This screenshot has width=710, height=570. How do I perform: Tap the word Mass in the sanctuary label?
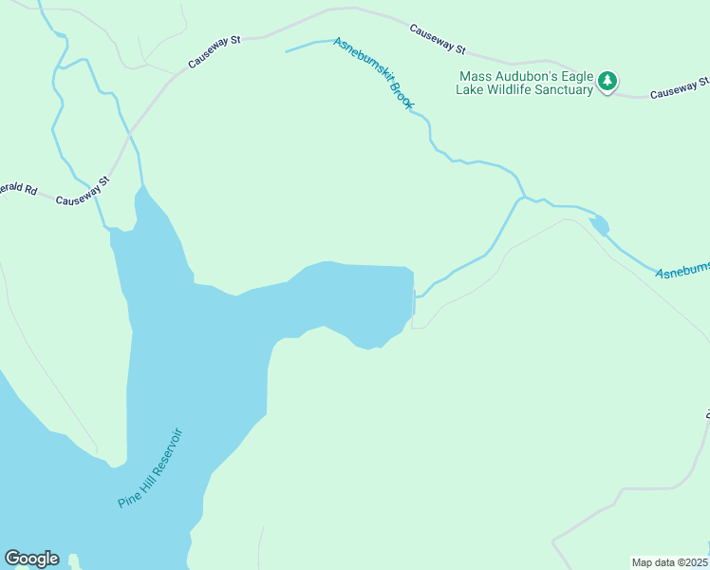pos(475,75)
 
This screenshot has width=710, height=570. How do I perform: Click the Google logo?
pos(31,559)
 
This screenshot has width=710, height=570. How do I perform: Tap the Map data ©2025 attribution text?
pos(670,562)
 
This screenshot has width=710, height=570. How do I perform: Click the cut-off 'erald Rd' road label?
pos(18,189)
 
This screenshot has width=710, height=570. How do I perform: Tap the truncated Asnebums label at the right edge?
pos(682,270)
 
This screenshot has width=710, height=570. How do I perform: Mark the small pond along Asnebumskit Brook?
pos(599,226)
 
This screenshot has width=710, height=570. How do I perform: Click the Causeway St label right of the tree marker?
pos(678,92)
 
